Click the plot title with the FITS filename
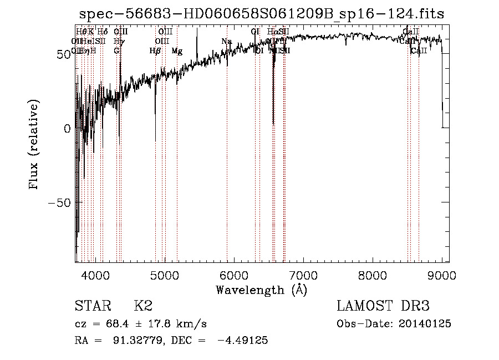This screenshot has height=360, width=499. point(261,14)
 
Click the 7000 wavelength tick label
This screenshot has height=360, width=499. point(303,275)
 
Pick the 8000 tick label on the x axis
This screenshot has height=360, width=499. point(373,275)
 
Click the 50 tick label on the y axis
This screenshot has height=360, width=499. point(62,54)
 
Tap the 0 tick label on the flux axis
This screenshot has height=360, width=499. point(67,128)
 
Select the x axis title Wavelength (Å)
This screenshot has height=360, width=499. point(261,290)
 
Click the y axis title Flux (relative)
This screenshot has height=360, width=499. point(35,145)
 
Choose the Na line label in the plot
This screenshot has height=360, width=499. point(226,42)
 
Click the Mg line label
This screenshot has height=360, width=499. point(177,51)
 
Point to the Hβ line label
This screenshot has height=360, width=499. point(155,51)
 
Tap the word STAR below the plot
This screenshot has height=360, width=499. point(93,306)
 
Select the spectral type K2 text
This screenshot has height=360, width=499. point(143,306)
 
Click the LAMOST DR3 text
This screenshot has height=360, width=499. point(383,306)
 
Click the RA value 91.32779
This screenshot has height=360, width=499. point(135,341)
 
